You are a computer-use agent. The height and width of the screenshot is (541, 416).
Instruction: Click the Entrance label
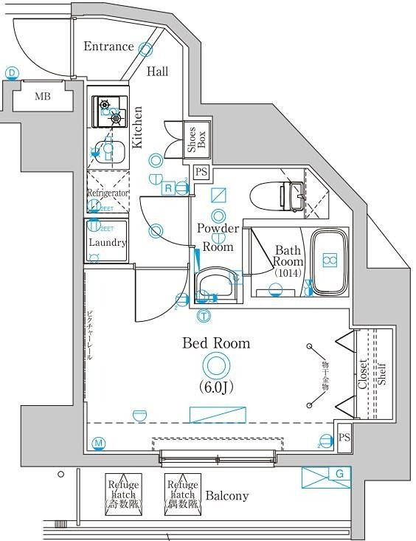pos(108,46)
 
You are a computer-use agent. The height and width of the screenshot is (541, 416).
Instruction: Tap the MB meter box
pos(42,96)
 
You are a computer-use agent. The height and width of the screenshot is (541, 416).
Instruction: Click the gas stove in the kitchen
pos(108,111)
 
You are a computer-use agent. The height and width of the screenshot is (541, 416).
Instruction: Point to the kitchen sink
pos(108,152)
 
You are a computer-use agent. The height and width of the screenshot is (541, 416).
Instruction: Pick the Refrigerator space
pos(108,193)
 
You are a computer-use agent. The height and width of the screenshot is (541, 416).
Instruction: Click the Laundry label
pos(108,242)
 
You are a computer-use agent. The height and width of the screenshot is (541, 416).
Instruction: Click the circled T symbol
pos(203,317)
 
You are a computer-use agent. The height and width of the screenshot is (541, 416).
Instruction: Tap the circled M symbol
pos(98,444)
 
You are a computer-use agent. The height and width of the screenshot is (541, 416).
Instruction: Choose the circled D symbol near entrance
pos(12,72)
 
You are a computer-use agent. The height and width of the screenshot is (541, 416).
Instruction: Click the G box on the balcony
pos(327,478)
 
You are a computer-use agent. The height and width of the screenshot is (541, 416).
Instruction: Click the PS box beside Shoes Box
pos(201,173)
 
